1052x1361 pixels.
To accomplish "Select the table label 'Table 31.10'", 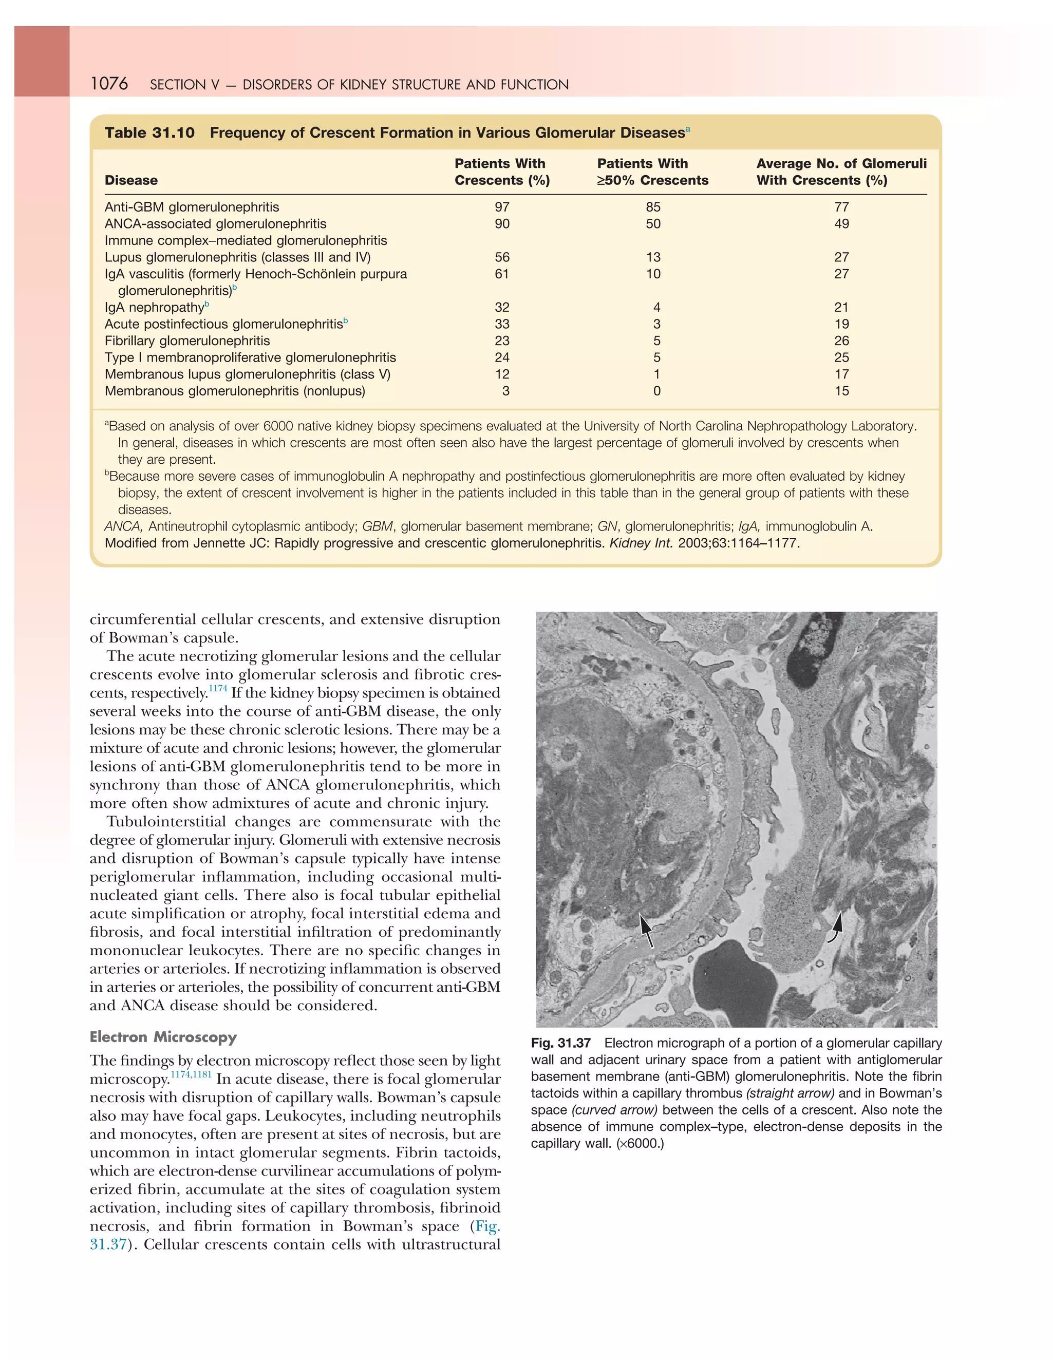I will [x=149, y=133].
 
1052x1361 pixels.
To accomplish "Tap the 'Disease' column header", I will [x=131, y=180].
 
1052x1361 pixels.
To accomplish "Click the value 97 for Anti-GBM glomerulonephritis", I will [x=502, y=207].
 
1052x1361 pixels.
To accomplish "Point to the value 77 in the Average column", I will [x=841, y=207].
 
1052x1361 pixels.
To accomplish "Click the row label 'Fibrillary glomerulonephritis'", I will [x=187, y=341].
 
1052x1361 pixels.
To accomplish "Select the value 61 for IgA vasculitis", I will [x=502, y=274].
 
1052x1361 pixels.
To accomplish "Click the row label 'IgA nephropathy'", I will [x=154, y=307].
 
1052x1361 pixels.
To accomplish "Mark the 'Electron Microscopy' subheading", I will [x=163, y=1037].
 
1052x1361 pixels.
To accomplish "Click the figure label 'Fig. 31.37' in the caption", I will [x=560, y=1043].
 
